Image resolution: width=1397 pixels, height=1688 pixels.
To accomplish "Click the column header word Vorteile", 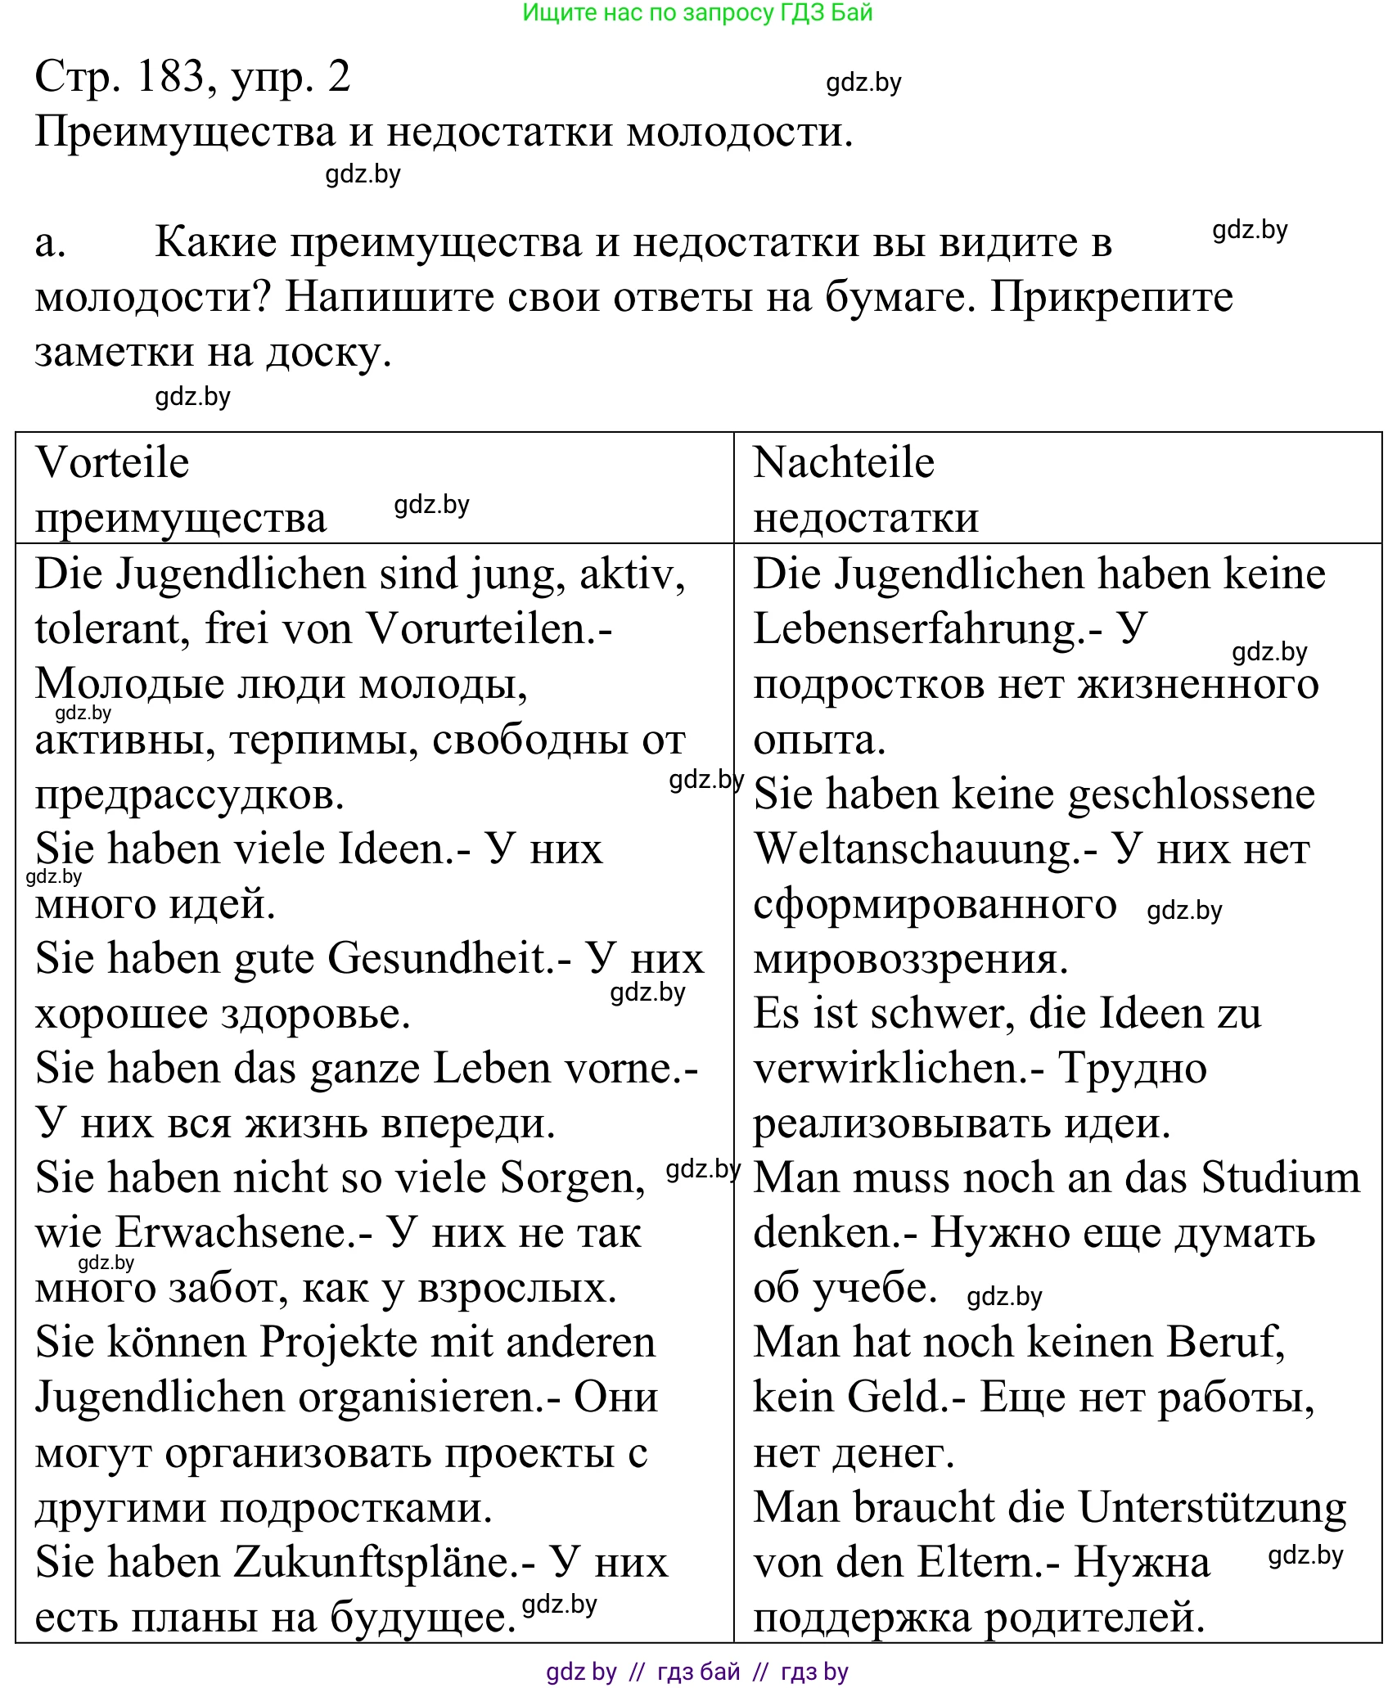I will pyautogui.click(x=112, y=463).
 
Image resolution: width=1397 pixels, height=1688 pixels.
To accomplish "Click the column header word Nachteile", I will pyautogui.click(x=843, y=463).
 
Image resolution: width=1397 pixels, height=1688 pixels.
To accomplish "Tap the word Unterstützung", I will pyautogui.click(x=1211, y=1508).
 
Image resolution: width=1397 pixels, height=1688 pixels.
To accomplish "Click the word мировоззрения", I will pyautogui.click(x=910, y=960).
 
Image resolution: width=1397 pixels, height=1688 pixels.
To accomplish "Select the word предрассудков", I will pyautogui.click(x=189, y=795).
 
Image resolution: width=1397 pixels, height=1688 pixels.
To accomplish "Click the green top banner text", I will pyautogui.click(x=697, y=12).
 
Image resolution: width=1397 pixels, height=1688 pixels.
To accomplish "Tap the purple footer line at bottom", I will pyautogui.click(x=697, y=1672).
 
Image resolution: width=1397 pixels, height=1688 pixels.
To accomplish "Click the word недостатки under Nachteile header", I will pyautogui.click(x=865, y=518).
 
